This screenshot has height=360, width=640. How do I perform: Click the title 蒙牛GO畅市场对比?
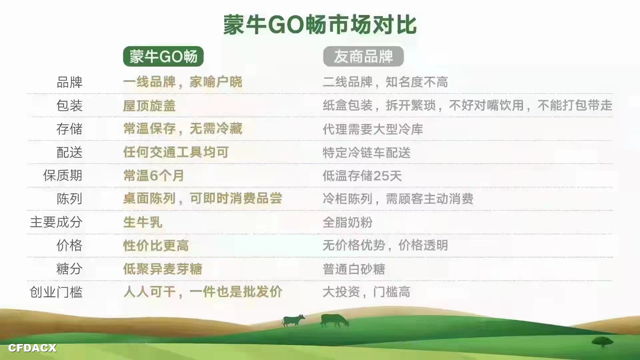[x=320, y=25]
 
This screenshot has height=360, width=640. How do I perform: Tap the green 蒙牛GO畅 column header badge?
[x=163, y=56]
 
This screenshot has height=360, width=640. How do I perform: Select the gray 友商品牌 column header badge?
[x=363, y=56]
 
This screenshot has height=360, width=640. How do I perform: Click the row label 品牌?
[x=69, y=82]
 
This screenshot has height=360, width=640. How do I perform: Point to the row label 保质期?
[x=63, y=175]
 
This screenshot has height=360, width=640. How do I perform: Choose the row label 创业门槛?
[x=56, y=292]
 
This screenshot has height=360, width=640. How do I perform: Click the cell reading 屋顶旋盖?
[x=149, y=106]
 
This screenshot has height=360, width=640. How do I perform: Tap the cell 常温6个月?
[x=153, y=175]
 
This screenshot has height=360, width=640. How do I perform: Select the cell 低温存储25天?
[x=362, y=176]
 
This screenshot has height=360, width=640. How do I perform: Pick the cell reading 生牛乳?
[x=143, y=222]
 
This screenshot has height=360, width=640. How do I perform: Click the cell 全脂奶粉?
[x=347, y=222]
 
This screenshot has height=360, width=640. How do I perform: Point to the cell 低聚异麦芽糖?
[x=163, y=269]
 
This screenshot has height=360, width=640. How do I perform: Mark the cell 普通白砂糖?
[x=354, y=269]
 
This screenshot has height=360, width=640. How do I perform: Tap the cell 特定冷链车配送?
[x=367, y=153]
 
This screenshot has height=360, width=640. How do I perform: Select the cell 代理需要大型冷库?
[x=373, y=129]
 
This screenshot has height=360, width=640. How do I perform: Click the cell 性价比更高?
[x=156, y=246]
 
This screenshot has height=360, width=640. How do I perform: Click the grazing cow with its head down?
[x=335, y=320]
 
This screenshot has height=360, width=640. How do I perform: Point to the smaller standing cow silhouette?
[x=293, y=320]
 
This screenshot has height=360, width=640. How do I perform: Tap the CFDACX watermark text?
[x=32, y=348]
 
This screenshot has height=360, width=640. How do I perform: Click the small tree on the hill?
[x=602, y=342]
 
